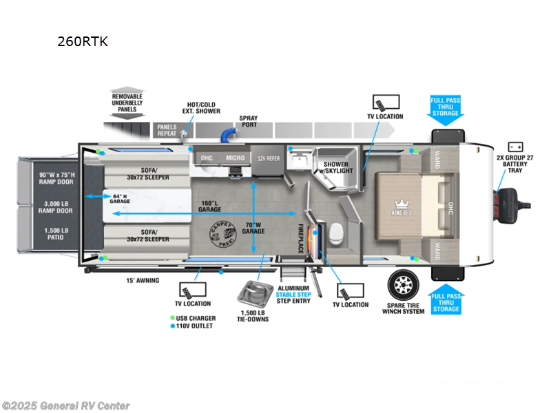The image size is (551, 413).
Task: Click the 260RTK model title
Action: pyautogui.click(x=83, y=41)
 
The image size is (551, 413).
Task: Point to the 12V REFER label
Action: pyautogui.click(x=269, y=158)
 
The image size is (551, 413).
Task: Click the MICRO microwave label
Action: pyautogui.click(x=235, y=158)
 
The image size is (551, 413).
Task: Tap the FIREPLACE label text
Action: pyautogui.click(x=301, y=238)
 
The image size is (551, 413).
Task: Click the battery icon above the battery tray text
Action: pyautogui.click(x=514, y=147)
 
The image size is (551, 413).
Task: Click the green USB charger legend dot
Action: pyautogui.click(x=172, y=318)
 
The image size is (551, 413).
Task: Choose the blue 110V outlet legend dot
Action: pyautogui.click(x=172, y=326)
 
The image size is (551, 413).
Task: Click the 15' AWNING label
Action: pyautogui.click(x=143, y=280)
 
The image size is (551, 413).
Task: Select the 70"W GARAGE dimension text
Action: pyautogui.click(x=253, y=227)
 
